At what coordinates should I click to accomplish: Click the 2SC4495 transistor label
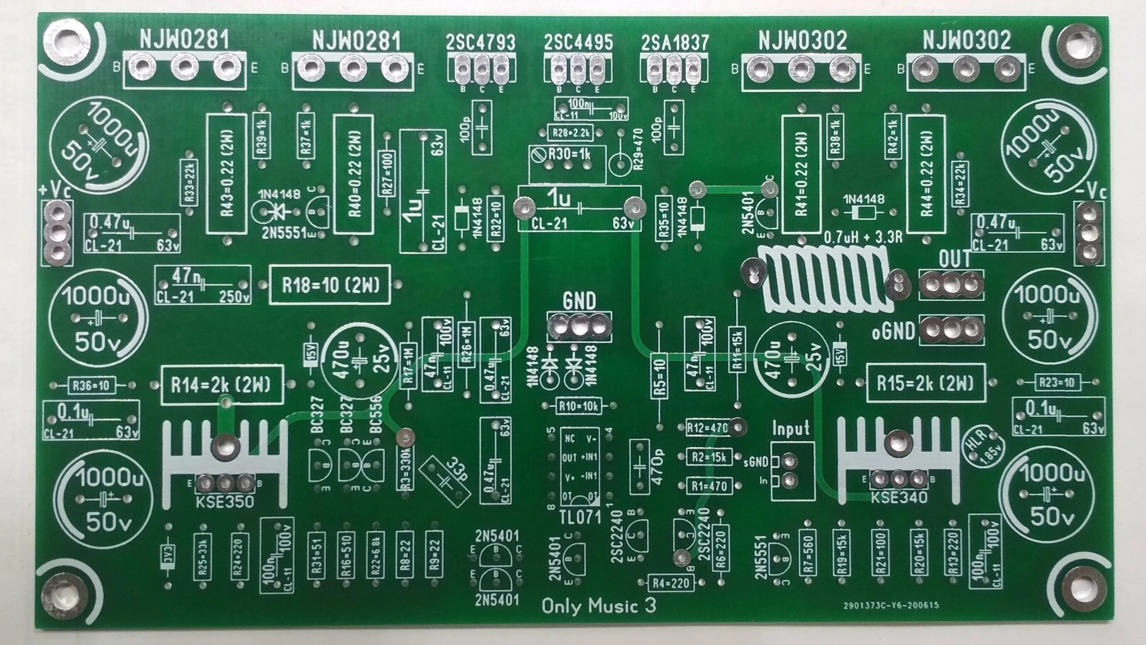click(578, 43)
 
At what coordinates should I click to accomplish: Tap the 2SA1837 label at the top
click(675, 43)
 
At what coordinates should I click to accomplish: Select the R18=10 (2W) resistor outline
click(330, 285)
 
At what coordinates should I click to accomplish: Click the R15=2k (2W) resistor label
click(925, 383)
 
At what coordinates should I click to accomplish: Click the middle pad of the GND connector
click(579, 329)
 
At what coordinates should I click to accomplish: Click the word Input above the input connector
click(791, 429)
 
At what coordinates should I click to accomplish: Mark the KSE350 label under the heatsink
click(224, 502)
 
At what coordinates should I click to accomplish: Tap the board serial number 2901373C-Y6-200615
click(891, 606)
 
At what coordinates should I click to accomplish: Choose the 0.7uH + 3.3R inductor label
click(863, 237)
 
